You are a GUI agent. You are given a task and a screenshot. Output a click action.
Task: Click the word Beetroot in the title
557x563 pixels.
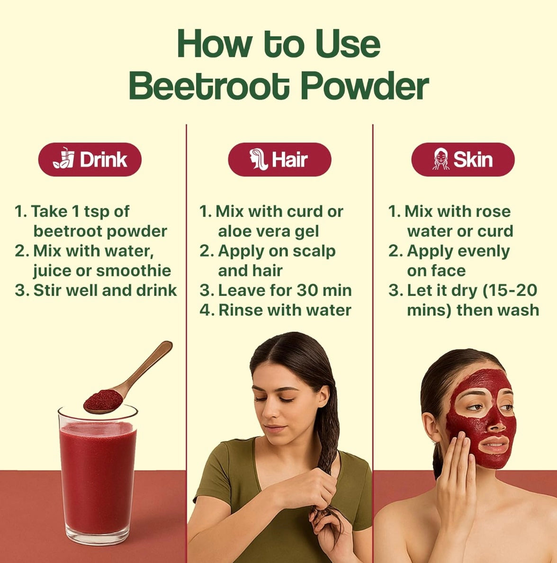pos(209,85)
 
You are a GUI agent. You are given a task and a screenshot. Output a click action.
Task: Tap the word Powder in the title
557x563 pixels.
pos(365,85)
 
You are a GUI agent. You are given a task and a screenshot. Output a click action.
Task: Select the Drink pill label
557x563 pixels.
pos(90,160)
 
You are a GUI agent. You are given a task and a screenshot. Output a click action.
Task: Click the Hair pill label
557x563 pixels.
pos(279,160)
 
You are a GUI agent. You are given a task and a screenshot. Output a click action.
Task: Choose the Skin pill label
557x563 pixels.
pos(463,160)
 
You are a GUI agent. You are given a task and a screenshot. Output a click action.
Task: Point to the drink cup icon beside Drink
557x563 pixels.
pos(64,158)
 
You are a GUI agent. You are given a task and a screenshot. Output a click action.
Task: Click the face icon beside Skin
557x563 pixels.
pos(441,159)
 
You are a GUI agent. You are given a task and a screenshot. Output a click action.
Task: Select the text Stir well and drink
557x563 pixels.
pos(105,290)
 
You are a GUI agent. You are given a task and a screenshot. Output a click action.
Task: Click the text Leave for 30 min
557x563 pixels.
pos(285,290)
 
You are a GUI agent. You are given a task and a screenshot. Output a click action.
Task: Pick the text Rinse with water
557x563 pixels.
pos(285,310)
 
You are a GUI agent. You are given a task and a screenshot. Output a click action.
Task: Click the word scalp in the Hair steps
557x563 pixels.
pos(314,251)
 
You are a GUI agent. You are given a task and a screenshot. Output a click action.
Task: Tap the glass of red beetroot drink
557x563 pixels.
pos(98,474)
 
